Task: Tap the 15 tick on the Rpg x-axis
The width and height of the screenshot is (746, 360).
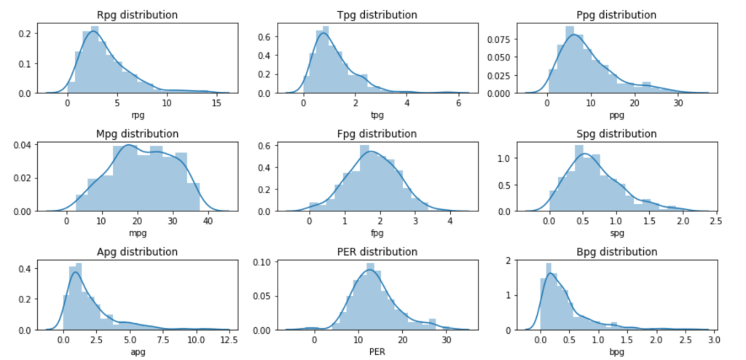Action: pos(216,103)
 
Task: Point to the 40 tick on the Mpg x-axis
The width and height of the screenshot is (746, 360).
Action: pos(207,222)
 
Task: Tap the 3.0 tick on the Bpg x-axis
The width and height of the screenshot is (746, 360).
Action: pos(712,340)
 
